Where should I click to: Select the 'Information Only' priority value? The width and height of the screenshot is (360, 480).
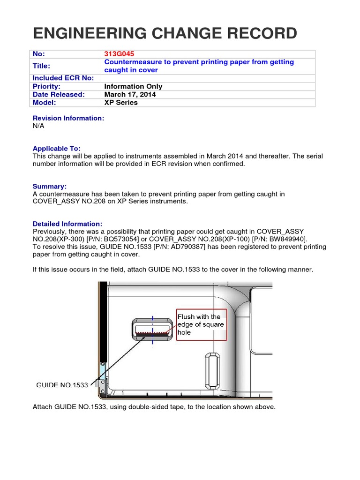[133, 86]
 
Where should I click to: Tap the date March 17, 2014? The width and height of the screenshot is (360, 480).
[130, 94]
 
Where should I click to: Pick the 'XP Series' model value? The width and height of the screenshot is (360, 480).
[121, 102]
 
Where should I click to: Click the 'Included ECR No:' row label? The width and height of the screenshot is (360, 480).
[63, 78]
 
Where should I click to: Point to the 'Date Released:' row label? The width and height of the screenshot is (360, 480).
[59, 94]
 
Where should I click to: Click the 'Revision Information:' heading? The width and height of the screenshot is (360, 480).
[68, 118]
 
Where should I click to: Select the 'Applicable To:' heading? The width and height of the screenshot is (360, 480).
[56, 148]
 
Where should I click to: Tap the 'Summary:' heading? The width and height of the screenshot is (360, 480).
[50, 186]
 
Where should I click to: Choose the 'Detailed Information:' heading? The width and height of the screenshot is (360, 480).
[67, 224]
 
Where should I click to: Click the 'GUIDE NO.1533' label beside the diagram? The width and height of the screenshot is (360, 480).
[62, 385]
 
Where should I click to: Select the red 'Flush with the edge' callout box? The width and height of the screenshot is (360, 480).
[201, 324]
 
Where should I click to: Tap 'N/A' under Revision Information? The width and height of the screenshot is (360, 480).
[39, 126]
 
